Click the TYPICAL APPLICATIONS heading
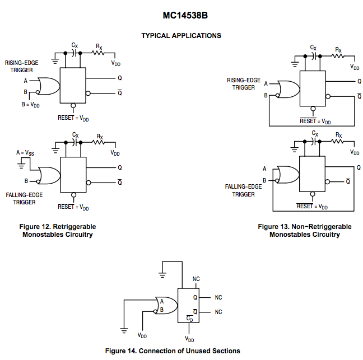tap(181, 36)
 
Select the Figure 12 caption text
tap(58, 231)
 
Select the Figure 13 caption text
tap(304, 231)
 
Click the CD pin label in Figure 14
tap(190, 320)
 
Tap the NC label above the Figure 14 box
tap(196, 278)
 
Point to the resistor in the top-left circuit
tap(98, 53)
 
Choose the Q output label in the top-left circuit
tap(119, 78)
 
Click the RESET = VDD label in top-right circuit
tap(315, 120)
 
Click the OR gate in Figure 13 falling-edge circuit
tap(286, 174)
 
